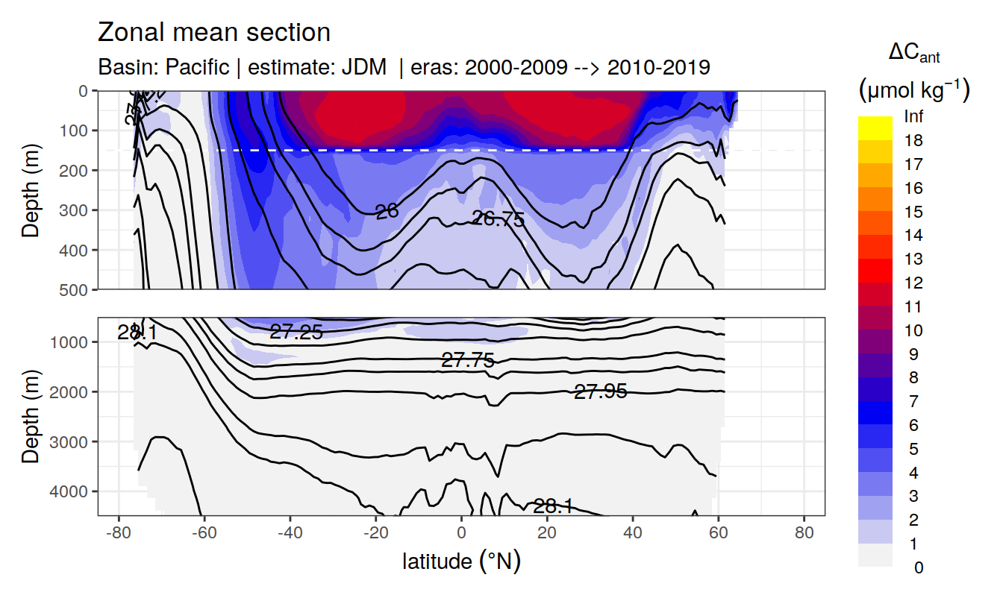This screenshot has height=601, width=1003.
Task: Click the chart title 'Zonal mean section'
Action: (x=214, y=33)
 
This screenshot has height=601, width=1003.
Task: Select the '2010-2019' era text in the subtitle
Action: (x=658, y=67)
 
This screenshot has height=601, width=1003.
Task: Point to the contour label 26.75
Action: (x=499, y=219)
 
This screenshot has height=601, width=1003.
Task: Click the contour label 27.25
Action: (x=296, y=333)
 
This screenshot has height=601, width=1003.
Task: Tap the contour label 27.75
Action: (x=468, y=361)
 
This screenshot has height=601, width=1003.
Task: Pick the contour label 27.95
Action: (x=600, y=391)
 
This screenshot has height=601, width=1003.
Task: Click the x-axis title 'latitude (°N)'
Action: (x=461, y=561)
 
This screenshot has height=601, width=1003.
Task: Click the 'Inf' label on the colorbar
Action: (x=913, y=117)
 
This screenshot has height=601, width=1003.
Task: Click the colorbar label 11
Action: (x=913, y=307)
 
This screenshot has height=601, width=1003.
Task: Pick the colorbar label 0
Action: (x=918, y=568)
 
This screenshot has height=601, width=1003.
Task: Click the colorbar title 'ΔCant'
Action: (x=913, y=53)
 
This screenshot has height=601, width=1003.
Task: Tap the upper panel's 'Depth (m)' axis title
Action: (x=31, y=190)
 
